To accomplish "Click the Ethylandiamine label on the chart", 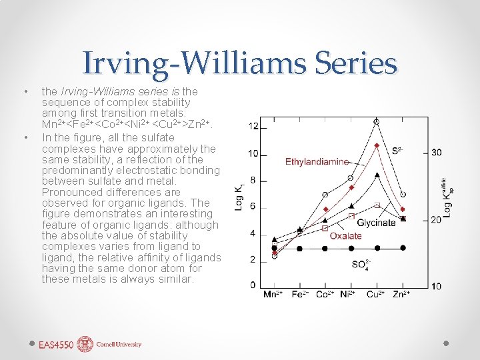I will tap(317, 161).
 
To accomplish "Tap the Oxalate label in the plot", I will tap(346, 235).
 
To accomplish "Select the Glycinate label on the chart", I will tap(377, 223).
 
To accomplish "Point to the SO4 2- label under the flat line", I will tap(359, 264).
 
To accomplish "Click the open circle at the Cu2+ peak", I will tap(377, 122).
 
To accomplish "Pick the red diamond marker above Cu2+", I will tap(377, 145).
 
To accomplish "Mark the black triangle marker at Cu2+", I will tap(377, 175).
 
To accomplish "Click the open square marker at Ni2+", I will tap(351, 216).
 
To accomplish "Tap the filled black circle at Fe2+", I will tap(299, 248).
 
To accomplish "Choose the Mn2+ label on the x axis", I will tap(274, 294).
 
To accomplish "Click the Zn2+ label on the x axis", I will tap(401, 294).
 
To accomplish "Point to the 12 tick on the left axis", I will tap(254, 127).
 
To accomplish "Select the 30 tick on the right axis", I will tap(435, 153).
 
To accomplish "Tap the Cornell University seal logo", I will tap(85, 344).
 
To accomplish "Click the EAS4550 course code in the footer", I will tap(56, 345).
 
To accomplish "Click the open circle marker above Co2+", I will tap(325, 195).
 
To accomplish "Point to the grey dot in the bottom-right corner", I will tap(446, 343).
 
